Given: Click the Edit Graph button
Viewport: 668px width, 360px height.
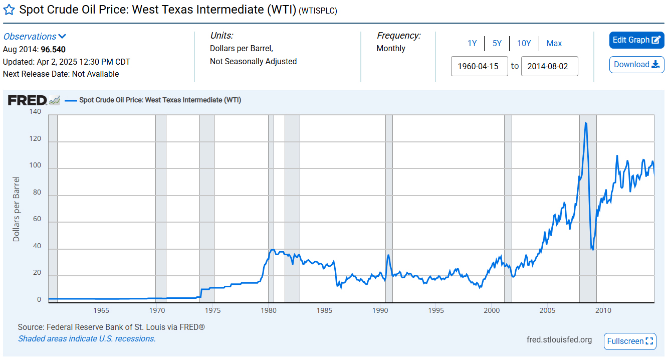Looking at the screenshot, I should (x=636, y=40).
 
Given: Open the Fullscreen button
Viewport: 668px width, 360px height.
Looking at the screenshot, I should (x=630, y=341).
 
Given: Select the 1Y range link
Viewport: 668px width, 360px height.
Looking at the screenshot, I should (x=472, y=44).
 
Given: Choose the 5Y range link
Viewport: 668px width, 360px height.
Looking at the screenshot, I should (x=497, y=44).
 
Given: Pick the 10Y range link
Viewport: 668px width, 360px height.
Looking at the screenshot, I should (x=524, y=44).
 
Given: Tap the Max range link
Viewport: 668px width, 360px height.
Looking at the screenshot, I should (x=554, y=44).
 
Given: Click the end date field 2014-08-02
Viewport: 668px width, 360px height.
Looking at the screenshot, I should (x=549, y=66).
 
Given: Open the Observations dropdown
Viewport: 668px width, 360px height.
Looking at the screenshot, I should (x=35, y=37).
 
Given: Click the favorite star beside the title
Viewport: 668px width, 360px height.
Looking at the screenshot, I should (x=9, y=10).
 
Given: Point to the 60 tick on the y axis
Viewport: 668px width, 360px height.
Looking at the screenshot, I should (x=37, y=219).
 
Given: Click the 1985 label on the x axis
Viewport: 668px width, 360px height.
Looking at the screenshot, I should (x=325, y=310).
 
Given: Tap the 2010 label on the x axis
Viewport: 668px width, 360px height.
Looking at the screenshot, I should (x=603, y=310).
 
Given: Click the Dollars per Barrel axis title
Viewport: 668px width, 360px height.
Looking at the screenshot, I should (x=17, y=209).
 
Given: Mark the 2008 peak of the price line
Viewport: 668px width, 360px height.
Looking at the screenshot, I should (x=585, y=122).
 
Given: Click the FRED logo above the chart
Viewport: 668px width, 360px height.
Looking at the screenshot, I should (x=28, y=100).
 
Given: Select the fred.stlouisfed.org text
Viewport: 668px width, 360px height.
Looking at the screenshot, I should (x=559, y=340).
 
